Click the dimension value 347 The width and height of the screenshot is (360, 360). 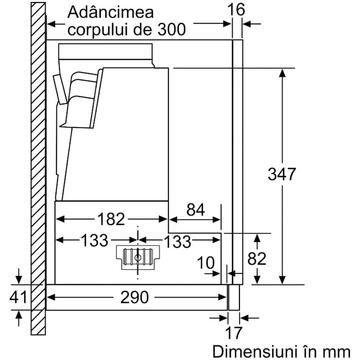[282, 174]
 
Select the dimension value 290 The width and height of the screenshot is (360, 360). [135, 297]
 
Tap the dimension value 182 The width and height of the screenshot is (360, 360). [111, 219]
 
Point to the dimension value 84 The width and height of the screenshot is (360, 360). [196, 210]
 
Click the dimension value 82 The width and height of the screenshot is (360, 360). [257, 259]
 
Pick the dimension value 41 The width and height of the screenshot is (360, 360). [18, 297]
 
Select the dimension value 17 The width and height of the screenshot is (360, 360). [233, 333]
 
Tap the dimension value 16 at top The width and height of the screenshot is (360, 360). [236, 10]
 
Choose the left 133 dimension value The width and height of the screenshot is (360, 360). [94, 240]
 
